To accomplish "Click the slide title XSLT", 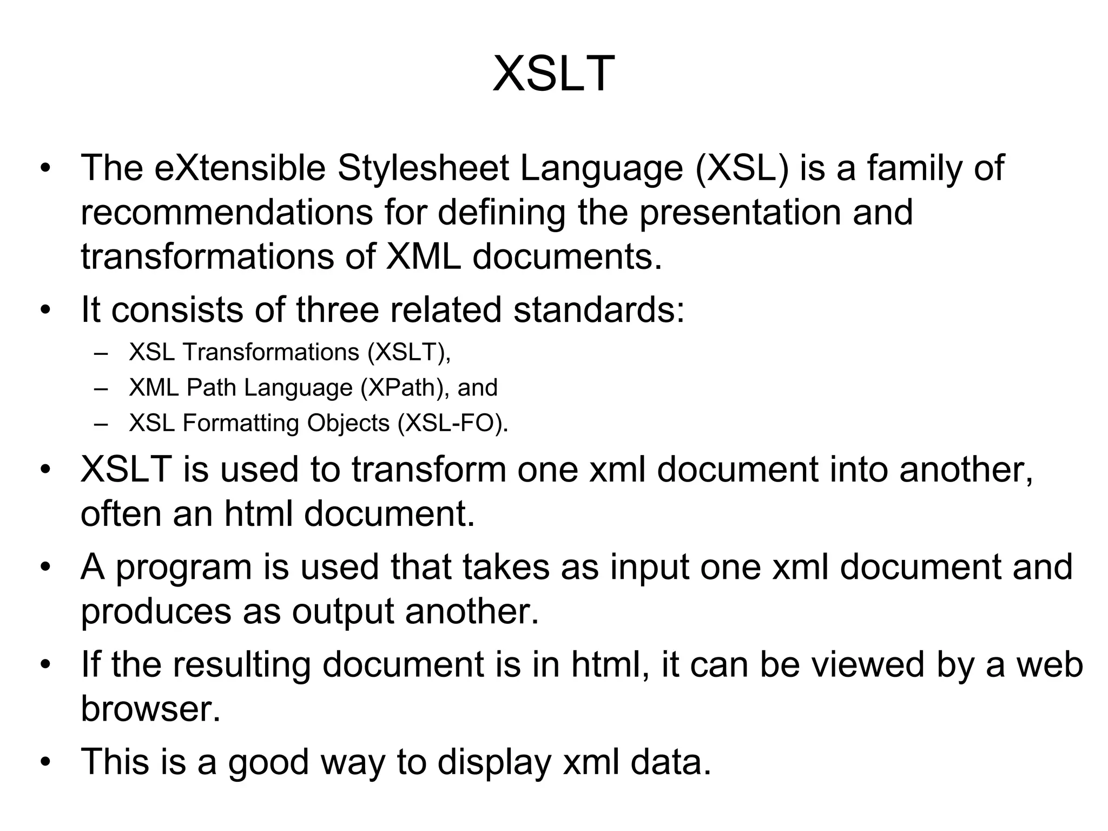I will [x=553, y=74].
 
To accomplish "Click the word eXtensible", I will [x=240, y=168].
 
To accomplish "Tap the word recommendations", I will [x=227, y=212].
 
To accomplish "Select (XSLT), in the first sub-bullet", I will [x=409, y=353].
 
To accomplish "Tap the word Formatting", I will [x=241, y=423].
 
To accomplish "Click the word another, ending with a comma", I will [x=966, y=469].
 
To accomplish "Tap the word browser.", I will [x=151, y=709].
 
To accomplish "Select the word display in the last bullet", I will [x=493, y=762].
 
